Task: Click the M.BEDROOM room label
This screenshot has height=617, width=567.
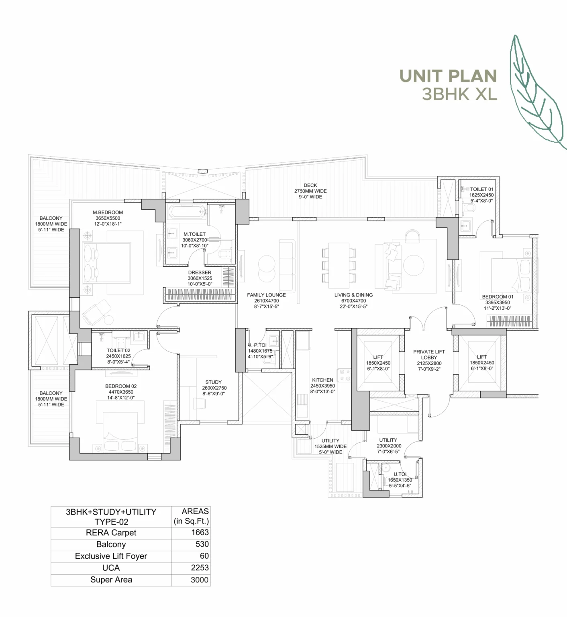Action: (x=108, y=212)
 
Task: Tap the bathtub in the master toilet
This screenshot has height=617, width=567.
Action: (x=187, y=212)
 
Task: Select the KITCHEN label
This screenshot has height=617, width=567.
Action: (x=322, y=380)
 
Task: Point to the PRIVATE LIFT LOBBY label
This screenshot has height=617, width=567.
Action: (x=429, y=355)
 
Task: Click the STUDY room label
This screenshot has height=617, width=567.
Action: (x=213, y=382)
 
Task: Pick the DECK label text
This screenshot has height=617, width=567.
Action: (x=310, y=186)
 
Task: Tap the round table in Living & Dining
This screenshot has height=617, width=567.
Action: (x=414, y=266)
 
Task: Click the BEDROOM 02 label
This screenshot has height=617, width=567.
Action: (x=121, y=386)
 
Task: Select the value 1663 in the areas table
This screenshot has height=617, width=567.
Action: (x=200, y=533)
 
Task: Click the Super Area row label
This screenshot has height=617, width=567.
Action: (x=111, y=580)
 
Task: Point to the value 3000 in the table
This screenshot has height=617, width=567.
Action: (x=200, y=580)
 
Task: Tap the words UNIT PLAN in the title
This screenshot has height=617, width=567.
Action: (x=448, y=76)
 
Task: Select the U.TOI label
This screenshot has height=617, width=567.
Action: (x=400, y=474)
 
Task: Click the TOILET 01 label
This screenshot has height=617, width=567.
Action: (x=482, y=189)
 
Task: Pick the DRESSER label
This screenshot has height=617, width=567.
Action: (x=200, y=273)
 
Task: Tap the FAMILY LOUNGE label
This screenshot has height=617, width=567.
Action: (x=266, y=295)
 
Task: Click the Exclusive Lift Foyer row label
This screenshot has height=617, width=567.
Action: (x=111, y=556)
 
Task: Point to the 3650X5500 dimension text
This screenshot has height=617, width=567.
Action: (x=108, y=219)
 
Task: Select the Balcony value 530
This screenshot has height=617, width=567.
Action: (x=202, y=544)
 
